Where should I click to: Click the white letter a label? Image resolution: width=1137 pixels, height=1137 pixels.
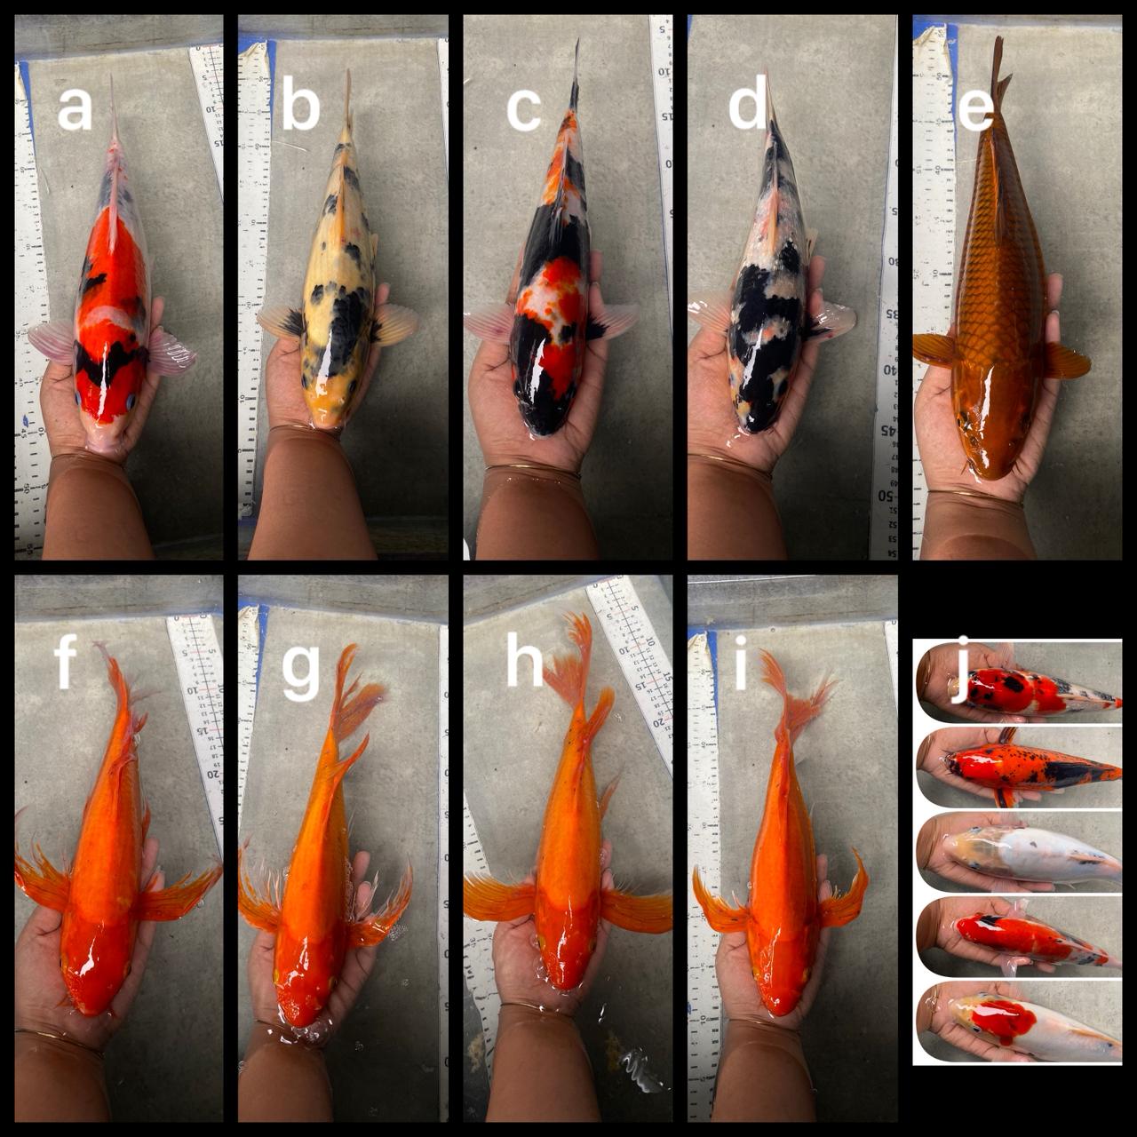[x=75, y=108]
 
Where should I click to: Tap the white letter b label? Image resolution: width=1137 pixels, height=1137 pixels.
[x=300, y=108]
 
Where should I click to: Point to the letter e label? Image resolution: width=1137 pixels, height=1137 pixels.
[x=975, y=108]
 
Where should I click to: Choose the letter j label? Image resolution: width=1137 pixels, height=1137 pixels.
[x=958, y=685]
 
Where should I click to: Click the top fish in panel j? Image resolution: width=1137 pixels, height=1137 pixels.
[x=1022, y=691]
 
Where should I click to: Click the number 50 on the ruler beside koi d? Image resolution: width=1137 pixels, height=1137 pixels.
[x=886, y=496]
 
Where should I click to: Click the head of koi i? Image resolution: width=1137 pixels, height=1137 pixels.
[x=782, y=986]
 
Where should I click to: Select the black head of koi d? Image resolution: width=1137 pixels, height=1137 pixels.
[x=764, y=404]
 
